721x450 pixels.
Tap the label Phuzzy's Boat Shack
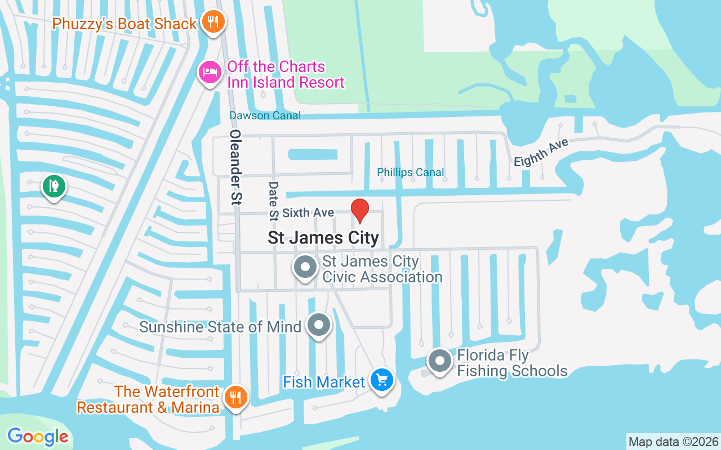pyautogui.click(x=124, y=24)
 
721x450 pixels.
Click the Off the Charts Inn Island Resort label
pyautogui.click(x=285, y=74)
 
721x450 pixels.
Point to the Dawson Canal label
pyautogui.click(x=265, y=115)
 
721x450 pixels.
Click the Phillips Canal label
pyautogui.click(x=411, y=172)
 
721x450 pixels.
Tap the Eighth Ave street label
pyautogui.click(x=541, y=152)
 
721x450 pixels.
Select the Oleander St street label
pyautogui.click(x=235, y=166)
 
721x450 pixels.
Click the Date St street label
pyautogui.click(x=274, y=200)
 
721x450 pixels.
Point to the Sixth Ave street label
pyautogui.click(x=308, y=213)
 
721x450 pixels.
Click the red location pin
pyautogui.click(x=360, y=211)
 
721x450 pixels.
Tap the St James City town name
pyautogui.click(x=323, y=238)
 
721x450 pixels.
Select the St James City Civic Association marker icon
pyautogui.click(x=306, y=267)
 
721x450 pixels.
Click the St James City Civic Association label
pyautogui.click(x=382, y=269)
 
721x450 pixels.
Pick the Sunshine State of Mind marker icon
pyautogui.click(x=319, y=325)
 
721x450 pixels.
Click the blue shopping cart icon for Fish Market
pyautogui.click(x=382, y=380)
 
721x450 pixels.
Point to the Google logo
pyautogui.click(x=38, y=436)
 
